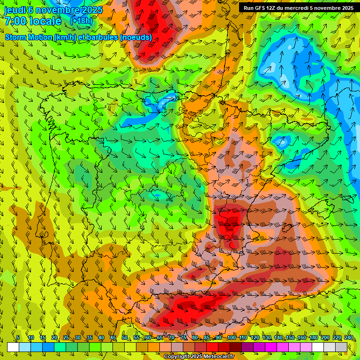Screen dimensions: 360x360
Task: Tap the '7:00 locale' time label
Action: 33,21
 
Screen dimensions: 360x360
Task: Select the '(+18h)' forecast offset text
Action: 81,21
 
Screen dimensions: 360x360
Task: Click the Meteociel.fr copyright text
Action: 199,357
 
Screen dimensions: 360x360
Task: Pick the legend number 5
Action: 18,338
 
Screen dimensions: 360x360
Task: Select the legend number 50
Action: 125,338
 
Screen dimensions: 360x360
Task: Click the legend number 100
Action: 232,338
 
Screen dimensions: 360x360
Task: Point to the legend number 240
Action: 349,338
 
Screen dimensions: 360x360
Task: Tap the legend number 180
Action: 314,338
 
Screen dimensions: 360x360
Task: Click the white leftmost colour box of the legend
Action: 13,347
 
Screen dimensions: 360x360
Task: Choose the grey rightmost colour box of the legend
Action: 341,347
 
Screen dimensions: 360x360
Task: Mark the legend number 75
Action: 183,338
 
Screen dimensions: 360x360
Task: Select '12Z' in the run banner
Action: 272,8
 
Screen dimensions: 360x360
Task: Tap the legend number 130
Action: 267,338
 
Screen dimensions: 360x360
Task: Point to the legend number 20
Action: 54,338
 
